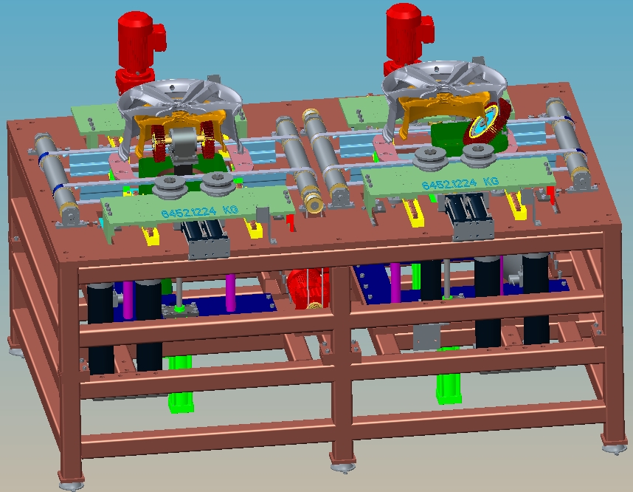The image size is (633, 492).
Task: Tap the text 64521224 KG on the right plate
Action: click(460, 183)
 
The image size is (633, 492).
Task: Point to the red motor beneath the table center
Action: click(308, 288)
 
